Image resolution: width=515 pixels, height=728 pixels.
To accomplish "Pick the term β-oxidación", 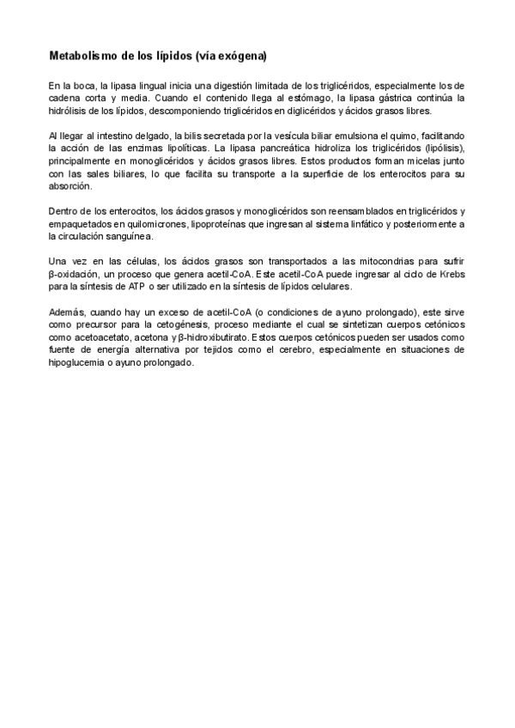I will (74, 272).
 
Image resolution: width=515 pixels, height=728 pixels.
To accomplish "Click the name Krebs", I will (451, 272).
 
